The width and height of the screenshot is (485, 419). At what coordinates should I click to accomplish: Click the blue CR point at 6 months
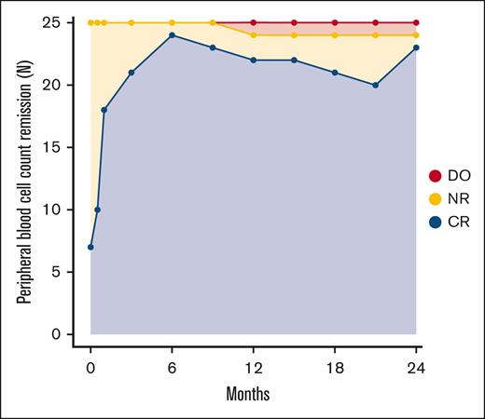click(172, 34)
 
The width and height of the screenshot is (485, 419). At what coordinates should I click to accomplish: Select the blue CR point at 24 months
click(416, 47)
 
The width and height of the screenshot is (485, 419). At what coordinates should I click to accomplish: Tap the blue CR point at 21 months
click(375, 85)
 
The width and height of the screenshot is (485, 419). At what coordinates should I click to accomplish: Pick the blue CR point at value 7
click(90, 247)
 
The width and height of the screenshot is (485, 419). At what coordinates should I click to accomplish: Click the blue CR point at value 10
click(97, 209)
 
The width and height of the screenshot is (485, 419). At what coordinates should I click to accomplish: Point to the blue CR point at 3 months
click(131, 72)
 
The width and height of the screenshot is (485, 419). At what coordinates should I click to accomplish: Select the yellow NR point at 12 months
click(254, 34)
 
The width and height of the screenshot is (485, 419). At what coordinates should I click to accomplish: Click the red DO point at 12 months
click(254, 22)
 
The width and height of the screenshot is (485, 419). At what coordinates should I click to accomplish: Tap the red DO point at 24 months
click(416, 22)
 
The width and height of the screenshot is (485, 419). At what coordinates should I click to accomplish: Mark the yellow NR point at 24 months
click(416, 34)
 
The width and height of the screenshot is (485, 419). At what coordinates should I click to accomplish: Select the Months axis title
click(253, 393)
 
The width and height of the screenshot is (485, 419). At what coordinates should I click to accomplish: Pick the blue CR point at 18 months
click(335, 72)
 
